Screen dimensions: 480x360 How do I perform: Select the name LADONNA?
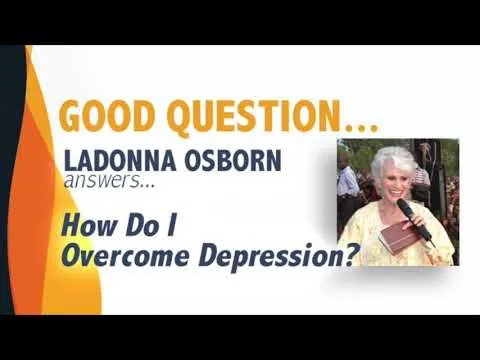pos(120,160)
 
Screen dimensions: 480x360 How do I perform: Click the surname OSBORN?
pos(233,160)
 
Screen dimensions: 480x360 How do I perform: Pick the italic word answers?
pos(102,180)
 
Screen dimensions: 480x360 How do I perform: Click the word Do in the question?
pos(142,226)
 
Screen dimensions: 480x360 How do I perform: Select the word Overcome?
pos(128,256)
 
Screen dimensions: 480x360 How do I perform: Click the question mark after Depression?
pos(348,255)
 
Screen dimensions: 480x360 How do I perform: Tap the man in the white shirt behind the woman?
pos(348,182)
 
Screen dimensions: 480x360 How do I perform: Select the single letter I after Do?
pos(172,226)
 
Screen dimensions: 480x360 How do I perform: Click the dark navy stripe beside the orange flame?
pos(11,180)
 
